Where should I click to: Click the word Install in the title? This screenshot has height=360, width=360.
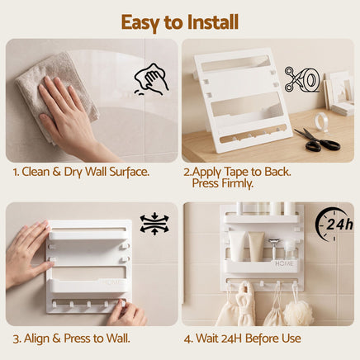[x=213, y=22]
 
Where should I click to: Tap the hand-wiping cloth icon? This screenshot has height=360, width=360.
[x=151, y=79]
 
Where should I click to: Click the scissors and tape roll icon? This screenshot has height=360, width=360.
[x=302, y=79]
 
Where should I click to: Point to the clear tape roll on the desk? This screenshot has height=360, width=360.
[x=322, y=121]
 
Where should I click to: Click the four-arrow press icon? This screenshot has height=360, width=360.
[x=154, y=224]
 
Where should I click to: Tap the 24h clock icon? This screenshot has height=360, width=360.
[x=334, y=224]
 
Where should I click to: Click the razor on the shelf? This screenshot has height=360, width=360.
[x=274, y=249]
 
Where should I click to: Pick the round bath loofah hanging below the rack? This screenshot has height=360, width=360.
[x=299, y=312]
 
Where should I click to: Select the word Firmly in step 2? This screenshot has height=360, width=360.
[x=236, y=183]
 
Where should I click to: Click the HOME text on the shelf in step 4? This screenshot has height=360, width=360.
[x=284, y=263]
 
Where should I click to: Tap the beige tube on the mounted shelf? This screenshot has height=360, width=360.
[x=256, y=246]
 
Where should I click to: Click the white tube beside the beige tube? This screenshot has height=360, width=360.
[x=237, y=246]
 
